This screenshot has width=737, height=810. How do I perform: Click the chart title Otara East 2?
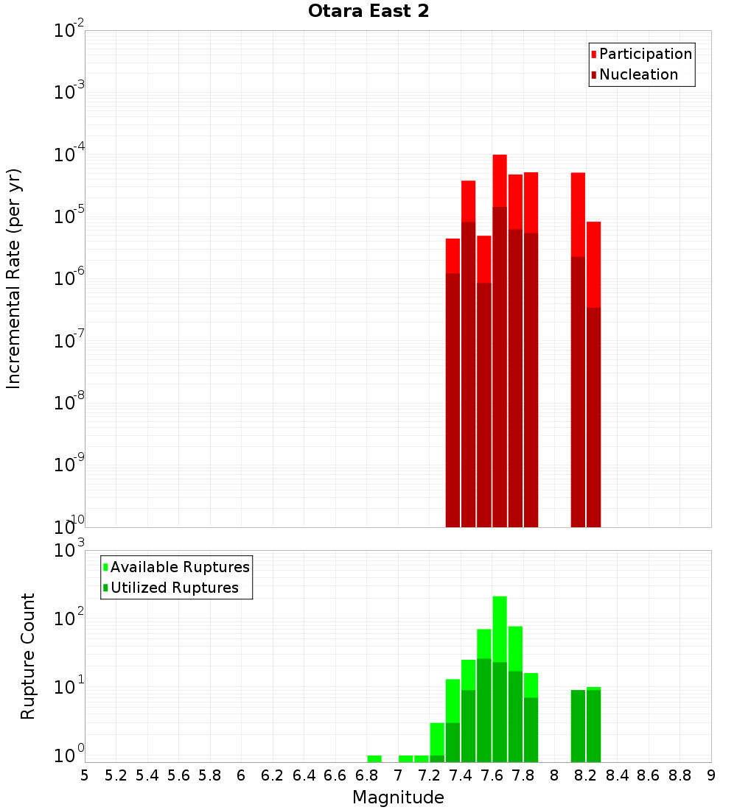point(368,11)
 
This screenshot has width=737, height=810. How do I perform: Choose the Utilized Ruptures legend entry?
point(173,588)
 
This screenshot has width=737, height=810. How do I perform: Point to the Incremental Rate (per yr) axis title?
point(14,278)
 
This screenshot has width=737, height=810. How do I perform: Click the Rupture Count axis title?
point(28,656)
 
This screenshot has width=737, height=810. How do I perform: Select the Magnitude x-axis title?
point(398,797)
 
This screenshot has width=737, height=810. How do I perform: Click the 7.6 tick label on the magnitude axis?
point(492,775)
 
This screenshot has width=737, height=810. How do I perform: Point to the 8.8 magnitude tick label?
point(680,775)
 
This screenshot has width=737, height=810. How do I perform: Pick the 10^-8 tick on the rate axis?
point(69,403)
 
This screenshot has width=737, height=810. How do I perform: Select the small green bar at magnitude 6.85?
point(374,758)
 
